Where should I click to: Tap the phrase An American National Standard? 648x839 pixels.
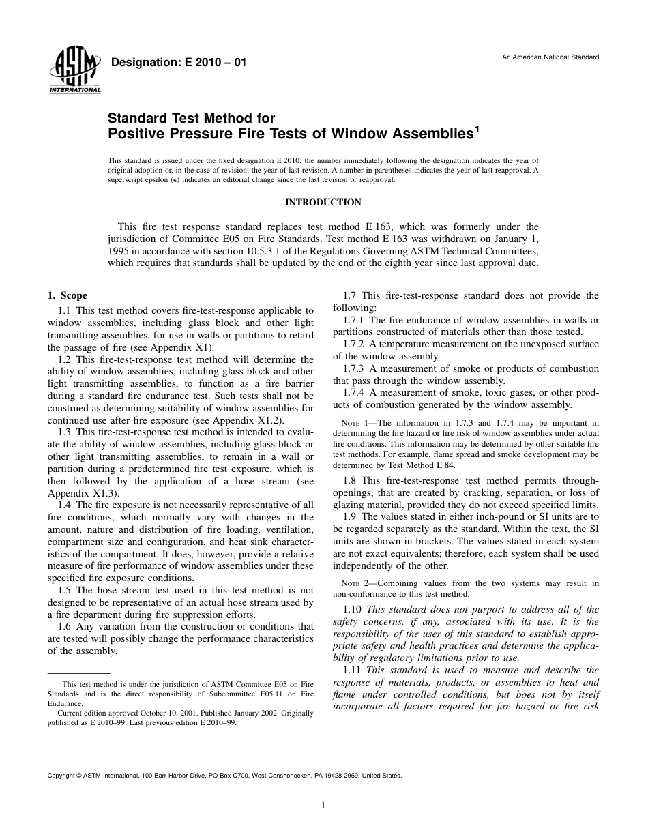click(x=550, y=57)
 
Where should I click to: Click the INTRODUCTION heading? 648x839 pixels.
click(x=323, y=203)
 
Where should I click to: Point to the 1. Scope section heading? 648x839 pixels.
click(x=67, y=296)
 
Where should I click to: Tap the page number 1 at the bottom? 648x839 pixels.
click(x=323, y=806)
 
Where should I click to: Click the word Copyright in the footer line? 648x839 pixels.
click(x=61, y=776)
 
